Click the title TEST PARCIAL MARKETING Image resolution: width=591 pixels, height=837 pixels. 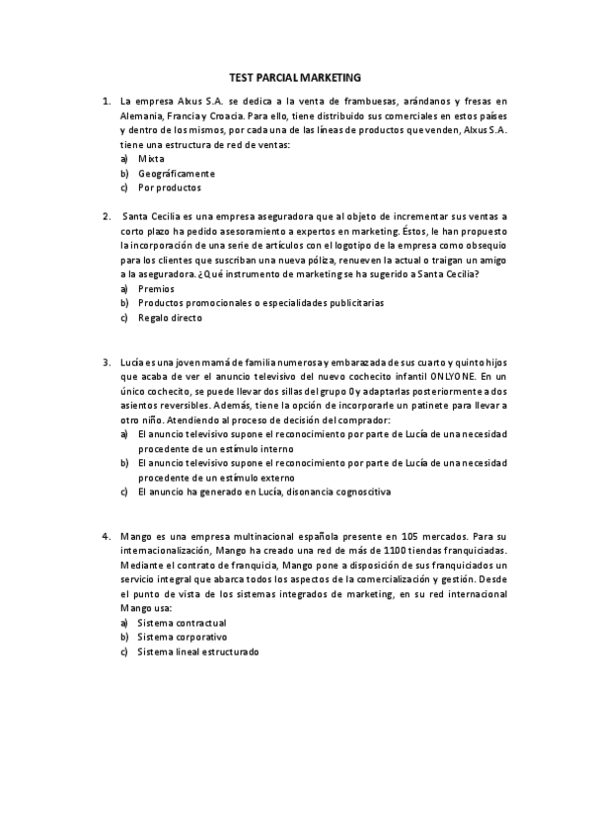[x=295, y=76]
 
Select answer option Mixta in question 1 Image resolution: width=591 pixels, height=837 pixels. [x=151, y=159]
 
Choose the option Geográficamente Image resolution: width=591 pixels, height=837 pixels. [x=176, y=173]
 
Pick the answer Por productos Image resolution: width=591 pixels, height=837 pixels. [x=169, y=188]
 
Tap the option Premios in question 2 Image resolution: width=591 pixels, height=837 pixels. [x=156, y=288]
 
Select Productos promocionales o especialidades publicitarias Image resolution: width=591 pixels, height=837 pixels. [x=260, y=303]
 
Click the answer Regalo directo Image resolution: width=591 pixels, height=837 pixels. [x=170, y=318]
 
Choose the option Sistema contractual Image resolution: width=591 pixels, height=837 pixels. [x=182, y=623]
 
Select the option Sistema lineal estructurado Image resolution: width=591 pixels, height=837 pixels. [x=198, y=652]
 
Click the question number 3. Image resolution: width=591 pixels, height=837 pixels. [x=106, y=362]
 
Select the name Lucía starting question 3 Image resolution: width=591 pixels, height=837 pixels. [x=132, y=362]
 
